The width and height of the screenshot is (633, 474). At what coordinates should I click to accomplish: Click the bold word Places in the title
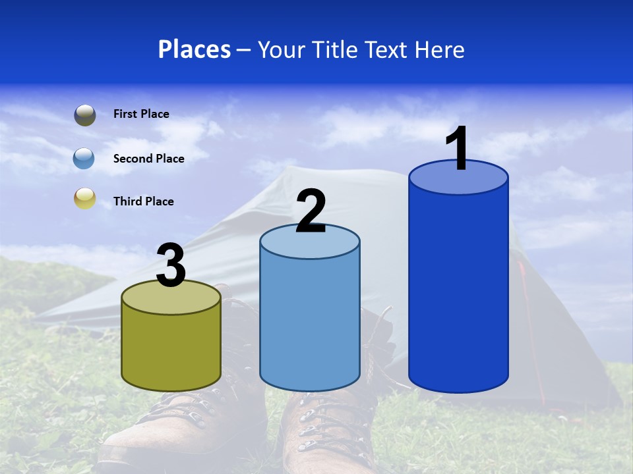(195, 49)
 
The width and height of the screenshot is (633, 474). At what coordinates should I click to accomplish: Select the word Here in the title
(440, 49)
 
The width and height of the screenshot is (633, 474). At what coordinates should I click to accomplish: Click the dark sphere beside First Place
(84, 115)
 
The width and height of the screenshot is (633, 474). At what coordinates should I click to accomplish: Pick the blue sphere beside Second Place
(84, 159)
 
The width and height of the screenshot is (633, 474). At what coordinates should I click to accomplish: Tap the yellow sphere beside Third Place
(84, 198)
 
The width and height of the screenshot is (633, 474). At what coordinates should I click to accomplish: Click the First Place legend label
(141, 114)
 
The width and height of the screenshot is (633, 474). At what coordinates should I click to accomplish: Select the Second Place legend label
(148, 159)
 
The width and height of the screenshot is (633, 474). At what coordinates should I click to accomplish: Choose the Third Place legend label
(143, 201)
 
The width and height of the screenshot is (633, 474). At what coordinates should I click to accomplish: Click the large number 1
(457, 148)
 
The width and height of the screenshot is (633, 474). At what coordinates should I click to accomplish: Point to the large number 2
(311, 211)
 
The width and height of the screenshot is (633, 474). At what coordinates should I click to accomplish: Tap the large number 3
(171, 266)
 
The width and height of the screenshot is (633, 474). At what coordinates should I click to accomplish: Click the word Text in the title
(388, 49)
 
